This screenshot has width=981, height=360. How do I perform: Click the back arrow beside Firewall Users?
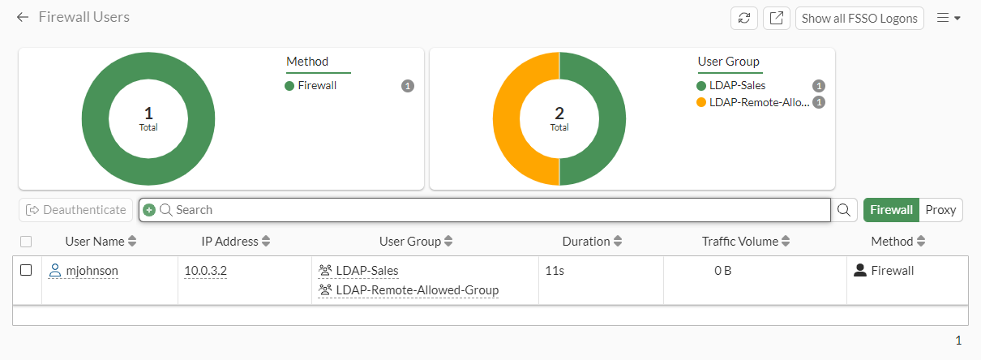click(23, 17)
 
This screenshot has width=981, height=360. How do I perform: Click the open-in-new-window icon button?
click(776, 18)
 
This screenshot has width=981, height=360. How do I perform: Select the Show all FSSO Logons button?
click(859, 18)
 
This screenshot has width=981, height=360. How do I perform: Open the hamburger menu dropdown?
click(949, 18)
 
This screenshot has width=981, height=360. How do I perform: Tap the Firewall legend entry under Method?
click(317, 85)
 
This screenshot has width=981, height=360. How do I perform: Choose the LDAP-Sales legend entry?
click(737, 85)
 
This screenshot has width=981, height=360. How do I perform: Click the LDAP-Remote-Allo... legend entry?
click(758, 102)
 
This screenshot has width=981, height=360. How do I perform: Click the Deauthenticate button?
click(76, 210)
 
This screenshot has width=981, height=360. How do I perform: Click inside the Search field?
click(486, 210)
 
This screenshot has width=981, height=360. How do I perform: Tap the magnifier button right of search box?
click(844, 210)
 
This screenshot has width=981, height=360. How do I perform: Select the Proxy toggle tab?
click(940, 210)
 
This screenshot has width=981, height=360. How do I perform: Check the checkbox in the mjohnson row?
click(26, 270)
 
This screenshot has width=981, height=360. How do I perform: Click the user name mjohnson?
click(92, 271)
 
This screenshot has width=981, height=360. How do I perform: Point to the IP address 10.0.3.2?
click(205, 271)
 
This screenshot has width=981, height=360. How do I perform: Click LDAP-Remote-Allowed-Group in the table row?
click(417, 290)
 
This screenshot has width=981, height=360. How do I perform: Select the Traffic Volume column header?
click(739, 242)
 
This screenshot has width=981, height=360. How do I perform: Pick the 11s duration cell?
click(555, 271)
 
